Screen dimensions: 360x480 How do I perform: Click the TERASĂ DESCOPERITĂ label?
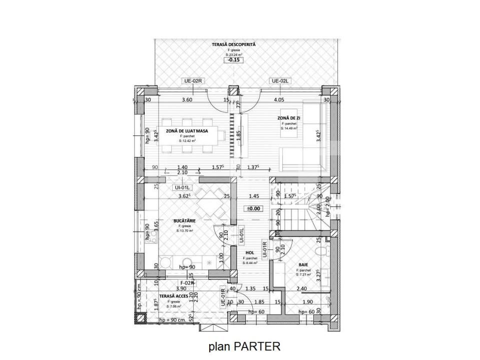coord(233,44)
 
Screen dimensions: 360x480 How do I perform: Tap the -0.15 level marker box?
coord(233,60)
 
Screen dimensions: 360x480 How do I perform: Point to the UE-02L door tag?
coord(280,80)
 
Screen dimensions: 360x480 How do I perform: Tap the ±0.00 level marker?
coord(253,209)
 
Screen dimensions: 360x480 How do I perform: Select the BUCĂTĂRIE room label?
coord(184,220)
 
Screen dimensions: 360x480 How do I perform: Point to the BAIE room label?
coord(303,264)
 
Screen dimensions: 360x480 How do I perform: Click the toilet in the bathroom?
coord(324,249)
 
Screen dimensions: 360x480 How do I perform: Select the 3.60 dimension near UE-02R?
coord(187,99)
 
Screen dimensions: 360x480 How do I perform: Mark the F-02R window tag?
coord(187,282)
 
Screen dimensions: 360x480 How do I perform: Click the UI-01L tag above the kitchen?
coord(179,188)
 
